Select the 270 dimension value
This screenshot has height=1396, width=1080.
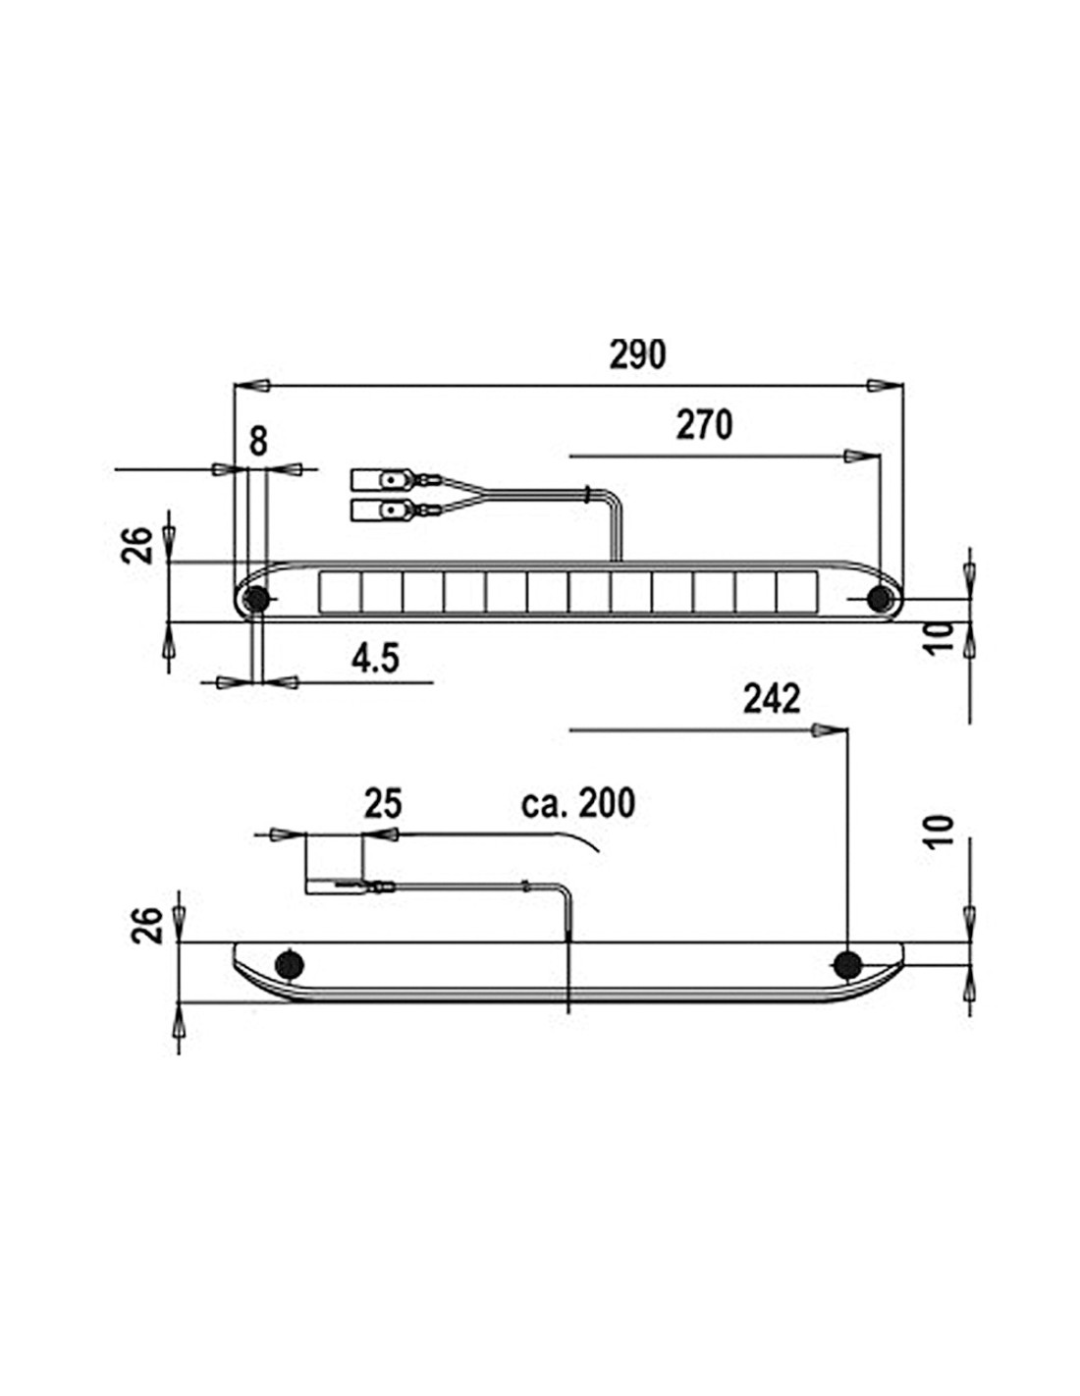click(704, 425)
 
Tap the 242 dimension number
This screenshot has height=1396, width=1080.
click(772, 700)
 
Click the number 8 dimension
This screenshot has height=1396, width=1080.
click(257, 442)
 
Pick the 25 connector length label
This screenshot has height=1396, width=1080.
click(383, 804)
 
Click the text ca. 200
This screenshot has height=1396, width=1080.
click(578, 803)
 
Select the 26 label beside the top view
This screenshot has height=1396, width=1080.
click(137, 545)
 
